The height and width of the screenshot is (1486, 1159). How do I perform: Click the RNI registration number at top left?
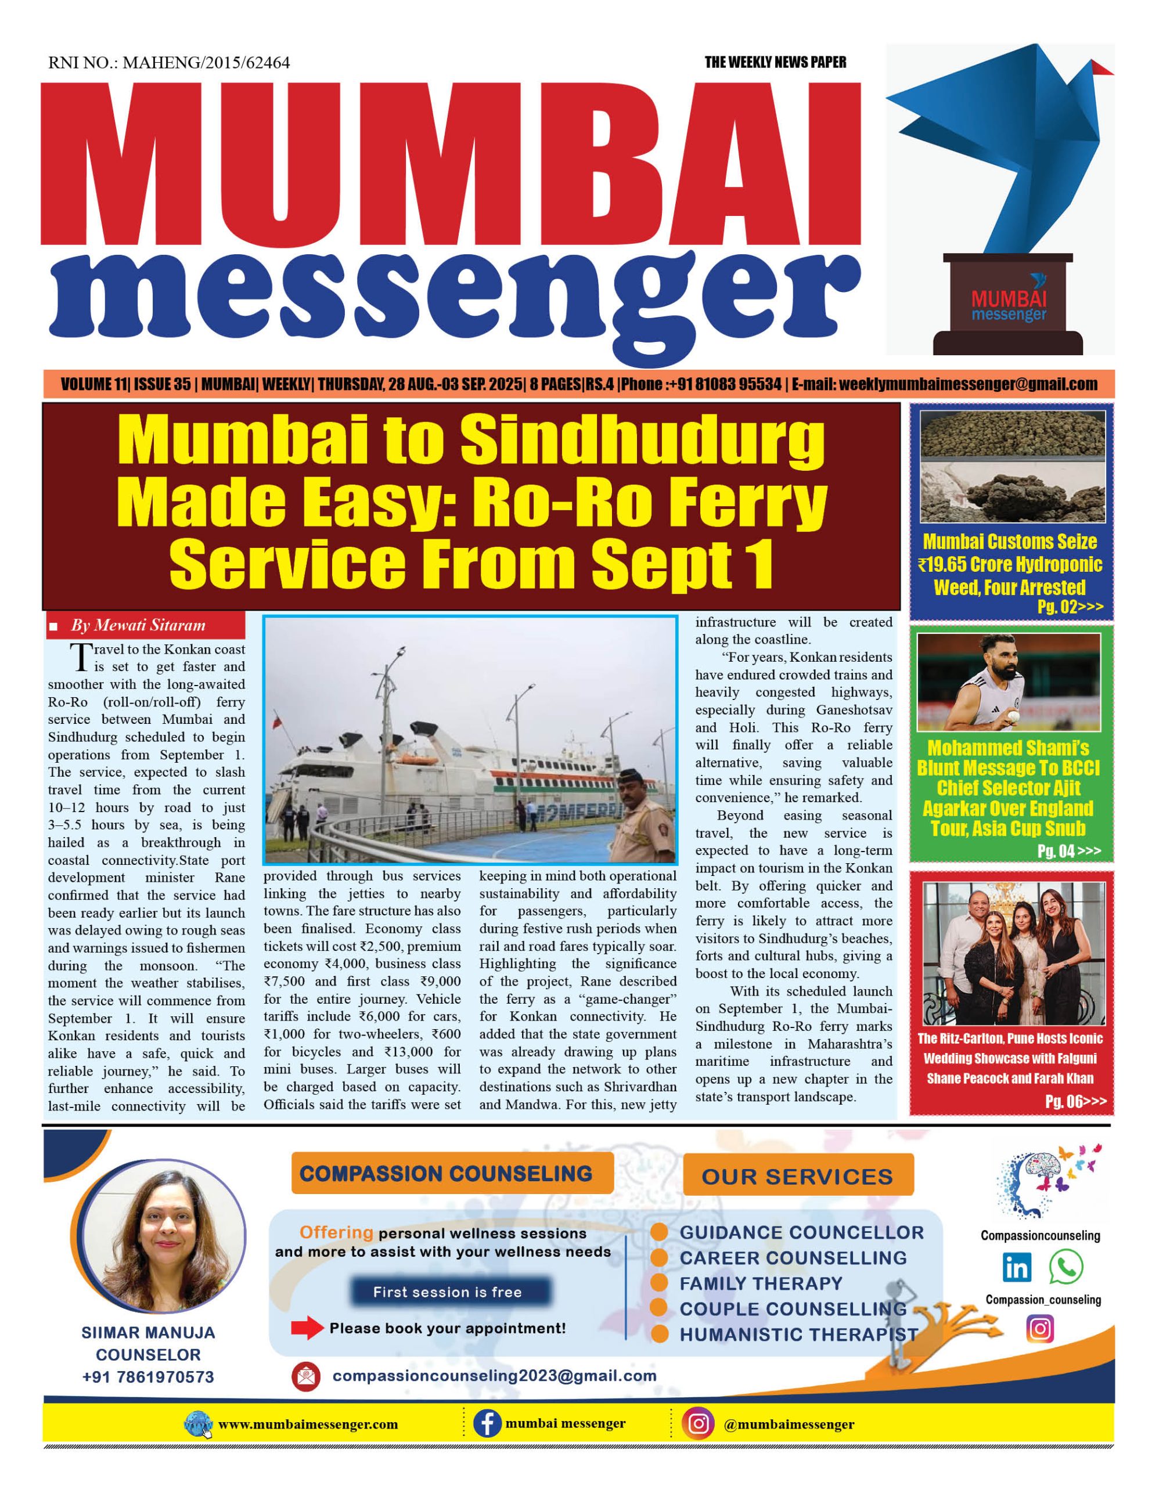169,63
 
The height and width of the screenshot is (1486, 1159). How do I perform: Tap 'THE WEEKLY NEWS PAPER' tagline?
775,63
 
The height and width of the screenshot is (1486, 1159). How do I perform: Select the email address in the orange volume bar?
968,384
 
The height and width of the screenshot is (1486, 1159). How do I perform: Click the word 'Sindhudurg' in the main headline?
643,440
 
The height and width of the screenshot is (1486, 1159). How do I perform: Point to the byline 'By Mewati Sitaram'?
138,625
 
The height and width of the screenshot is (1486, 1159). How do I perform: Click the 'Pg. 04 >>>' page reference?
1068,850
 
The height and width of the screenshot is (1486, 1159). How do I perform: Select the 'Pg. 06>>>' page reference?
1075,1102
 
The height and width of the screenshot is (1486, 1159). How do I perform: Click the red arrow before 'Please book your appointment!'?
307,1328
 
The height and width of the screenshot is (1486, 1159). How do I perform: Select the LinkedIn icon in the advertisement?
1017,1267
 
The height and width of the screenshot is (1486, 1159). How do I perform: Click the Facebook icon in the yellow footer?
487,1423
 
